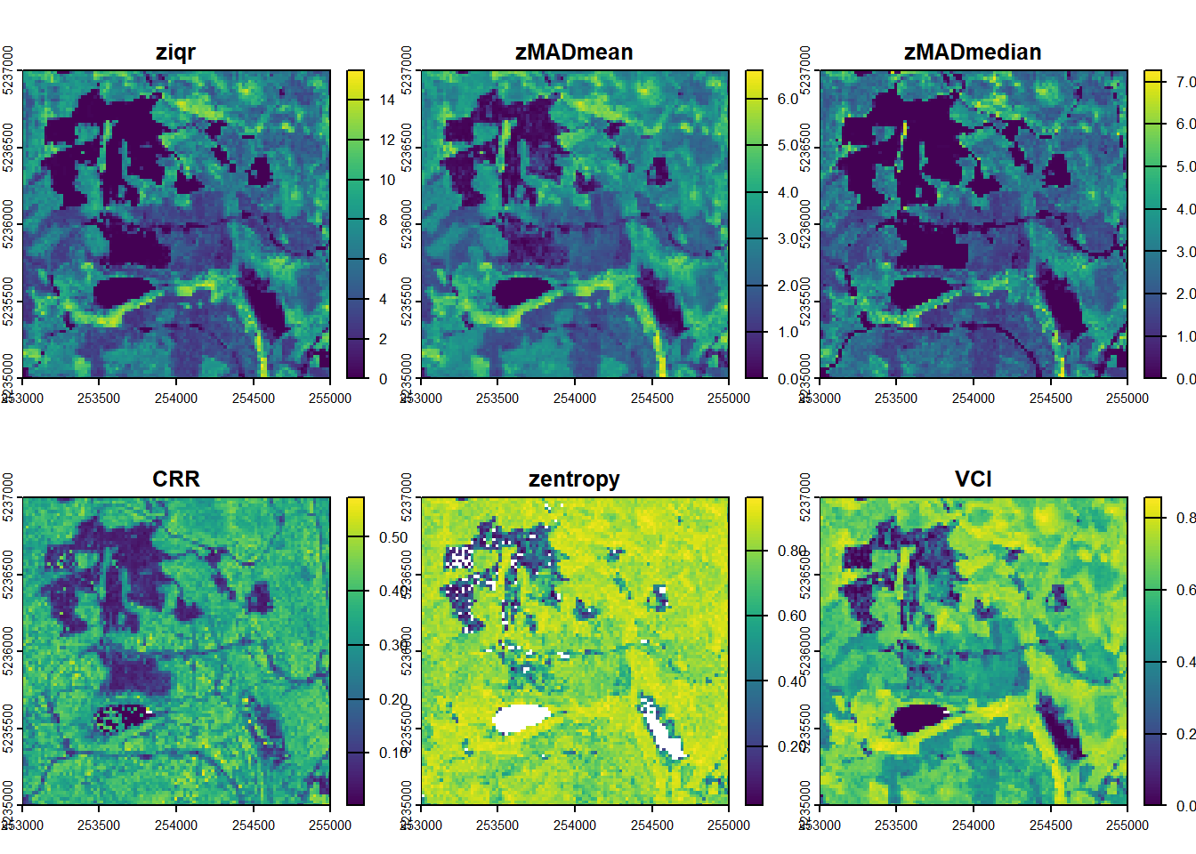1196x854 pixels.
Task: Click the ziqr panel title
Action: pyautogui.click(x=175, y=52)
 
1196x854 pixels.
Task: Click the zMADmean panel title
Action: pyautogui.click(x=574, y=52)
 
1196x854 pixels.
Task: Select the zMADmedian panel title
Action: pyautogui.click(x=973, y=52)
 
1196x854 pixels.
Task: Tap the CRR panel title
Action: pyautogui.click(x=175, y=479)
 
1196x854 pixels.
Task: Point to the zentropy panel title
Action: pyautogui.click(x=574, y=479)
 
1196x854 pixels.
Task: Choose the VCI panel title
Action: pyautogui.click(x=973, y=479)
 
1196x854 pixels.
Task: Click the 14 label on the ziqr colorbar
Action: pyautogui.click(x=387, y=100)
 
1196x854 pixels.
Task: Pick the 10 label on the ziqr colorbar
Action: pyautogui.click(x=387, y=180)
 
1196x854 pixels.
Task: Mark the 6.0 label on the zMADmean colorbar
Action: pyautogui.click(x=788, y=99)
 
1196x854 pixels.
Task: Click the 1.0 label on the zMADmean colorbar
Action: pyautogui.click(x=788, y=332)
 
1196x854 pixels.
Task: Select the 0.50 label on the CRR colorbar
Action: pyautogui.click(x=393, y=537)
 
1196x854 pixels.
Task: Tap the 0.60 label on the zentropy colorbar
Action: pyautogui.click(x=792, y=616)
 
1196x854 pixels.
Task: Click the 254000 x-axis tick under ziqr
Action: pyautogui.click(x=175, y=399)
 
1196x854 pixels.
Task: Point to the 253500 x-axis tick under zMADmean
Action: pyautogui.click(x=497, y=399)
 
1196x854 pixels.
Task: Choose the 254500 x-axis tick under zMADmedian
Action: pyautogui.click(x=1050, y=399)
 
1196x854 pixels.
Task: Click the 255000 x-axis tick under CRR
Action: pyautogui.click(x=330, y=826)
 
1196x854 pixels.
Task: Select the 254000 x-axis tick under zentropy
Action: pyautogui.click(x=574, y=826)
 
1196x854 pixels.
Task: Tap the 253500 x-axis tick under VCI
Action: pyautogui.click(x=895, y=826)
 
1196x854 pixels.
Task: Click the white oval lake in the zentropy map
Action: pyautogui.click(x=521, y=718)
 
